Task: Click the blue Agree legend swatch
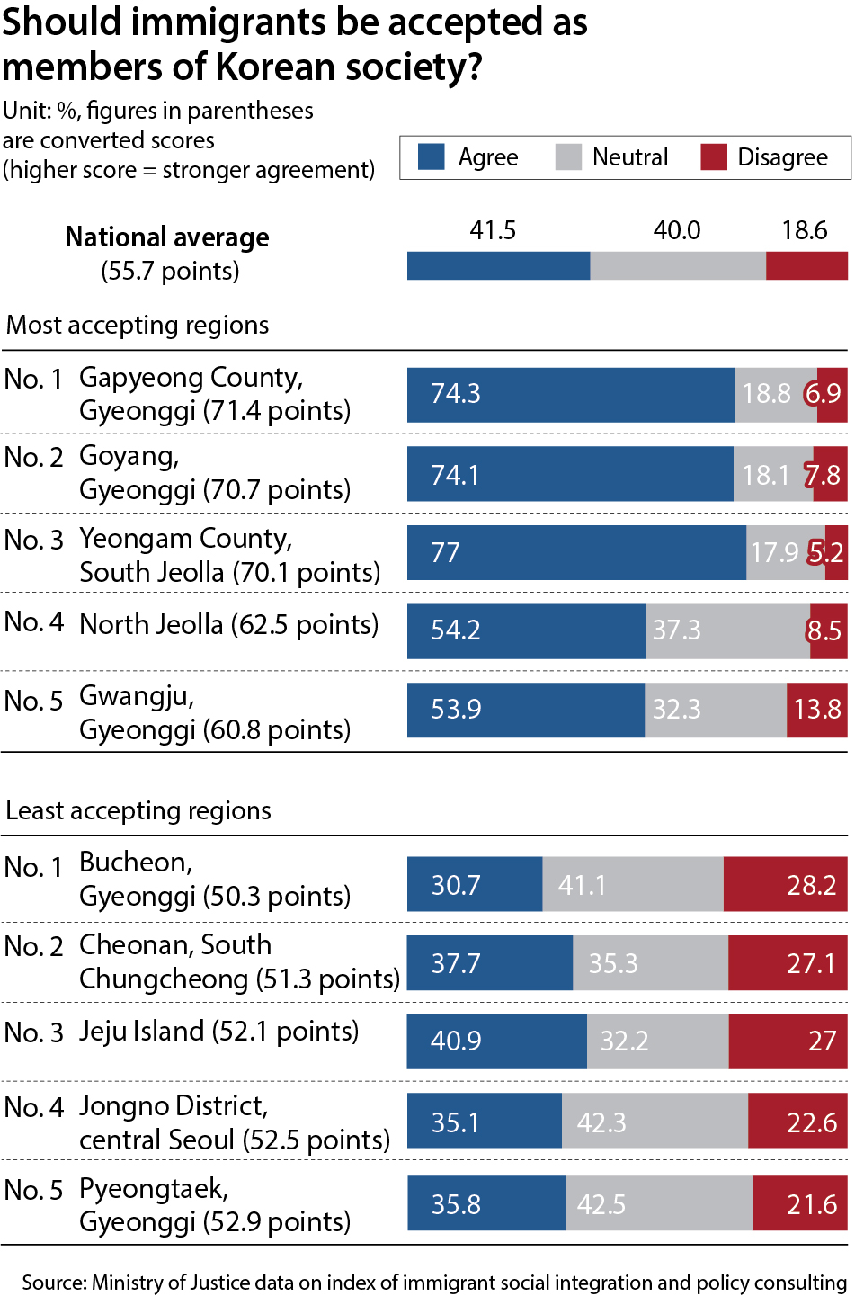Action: (432, 157)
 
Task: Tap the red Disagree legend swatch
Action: (713, 157)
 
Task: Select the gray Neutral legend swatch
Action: (568, 157)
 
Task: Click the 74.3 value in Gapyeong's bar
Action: (456, 394)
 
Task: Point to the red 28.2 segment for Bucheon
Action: (785, 885)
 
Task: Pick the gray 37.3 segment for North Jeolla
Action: (727, 630)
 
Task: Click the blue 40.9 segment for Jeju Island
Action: (496, 1041)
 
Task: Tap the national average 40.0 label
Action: (676, 231)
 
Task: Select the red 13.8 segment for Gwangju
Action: (816, 710)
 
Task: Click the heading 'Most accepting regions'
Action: (138, 325)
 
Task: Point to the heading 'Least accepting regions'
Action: (138, 810)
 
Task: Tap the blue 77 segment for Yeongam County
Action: (575, 552)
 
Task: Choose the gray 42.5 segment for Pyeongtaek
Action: (658, 1203)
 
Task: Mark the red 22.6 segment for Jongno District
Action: (797, 1122)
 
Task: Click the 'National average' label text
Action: (167, 237)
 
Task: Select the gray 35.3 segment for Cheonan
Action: (650, 963)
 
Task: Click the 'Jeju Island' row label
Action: (142, 1032)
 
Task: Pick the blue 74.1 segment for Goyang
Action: (570, 475)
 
